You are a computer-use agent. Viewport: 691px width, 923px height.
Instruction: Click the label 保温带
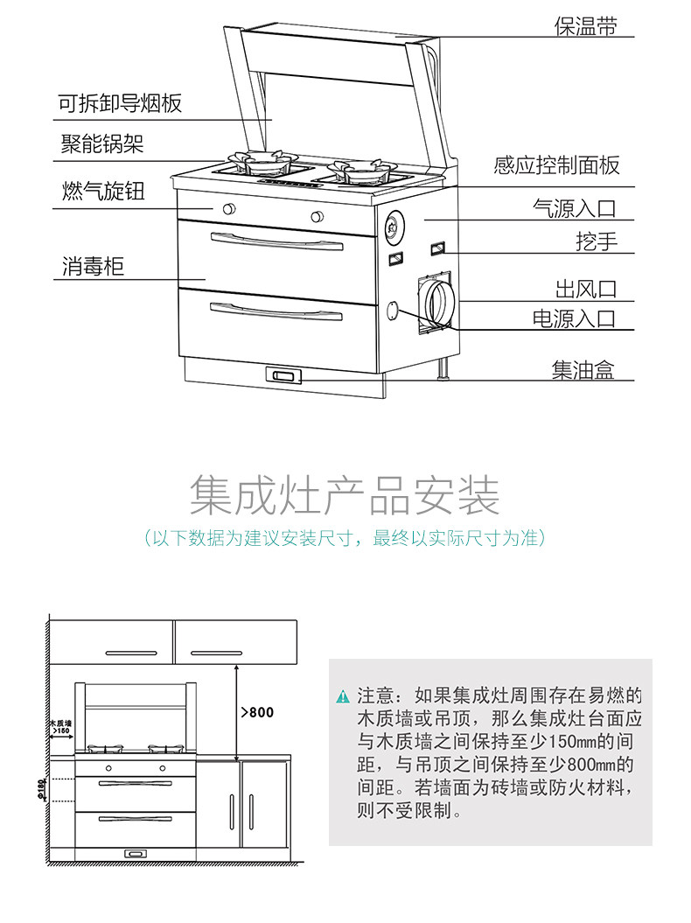click(585, 26)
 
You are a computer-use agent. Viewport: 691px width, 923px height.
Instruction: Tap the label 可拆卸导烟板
click(120, 103)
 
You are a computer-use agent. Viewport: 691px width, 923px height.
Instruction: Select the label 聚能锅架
click(102, 143)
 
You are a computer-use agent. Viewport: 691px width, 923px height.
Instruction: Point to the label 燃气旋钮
click(103, 191)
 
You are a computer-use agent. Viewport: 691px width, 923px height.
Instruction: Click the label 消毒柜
click(93, 266)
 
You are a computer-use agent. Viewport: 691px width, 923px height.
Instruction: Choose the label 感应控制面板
click(556, 164)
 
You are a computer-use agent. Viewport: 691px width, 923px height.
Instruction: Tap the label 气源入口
click(574, 208)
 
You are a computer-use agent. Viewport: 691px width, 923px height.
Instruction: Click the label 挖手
click(597, 241)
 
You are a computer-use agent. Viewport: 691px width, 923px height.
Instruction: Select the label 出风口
click(586, 289)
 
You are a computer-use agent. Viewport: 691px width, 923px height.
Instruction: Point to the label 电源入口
click(574, 318)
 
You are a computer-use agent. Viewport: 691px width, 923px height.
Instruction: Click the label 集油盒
click(583, 370)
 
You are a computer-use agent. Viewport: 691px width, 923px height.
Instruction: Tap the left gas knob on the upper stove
click(229, 208)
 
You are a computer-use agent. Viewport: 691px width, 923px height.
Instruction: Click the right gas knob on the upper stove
click(317, 216)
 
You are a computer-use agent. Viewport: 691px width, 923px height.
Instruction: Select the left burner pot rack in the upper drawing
click(262, 161)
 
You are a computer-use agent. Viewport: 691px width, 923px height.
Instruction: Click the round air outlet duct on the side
click(439, 304)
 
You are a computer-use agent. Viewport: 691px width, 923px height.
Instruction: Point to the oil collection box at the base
click(283, 375)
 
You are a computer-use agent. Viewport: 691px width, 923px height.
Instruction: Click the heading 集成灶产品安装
click(345, 494)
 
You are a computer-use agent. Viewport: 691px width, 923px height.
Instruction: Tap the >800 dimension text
click(257, 712)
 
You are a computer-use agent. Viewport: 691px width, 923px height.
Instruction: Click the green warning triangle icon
click(343, 696)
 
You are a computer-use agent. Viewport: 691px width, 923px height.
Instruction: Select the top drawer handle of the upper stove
click(276, 241)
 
